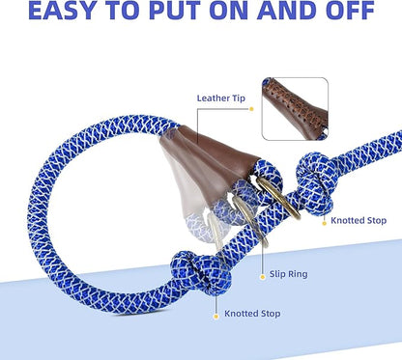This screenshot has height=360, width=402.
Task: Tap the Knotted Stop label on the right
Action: click(x=359, y=220)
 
